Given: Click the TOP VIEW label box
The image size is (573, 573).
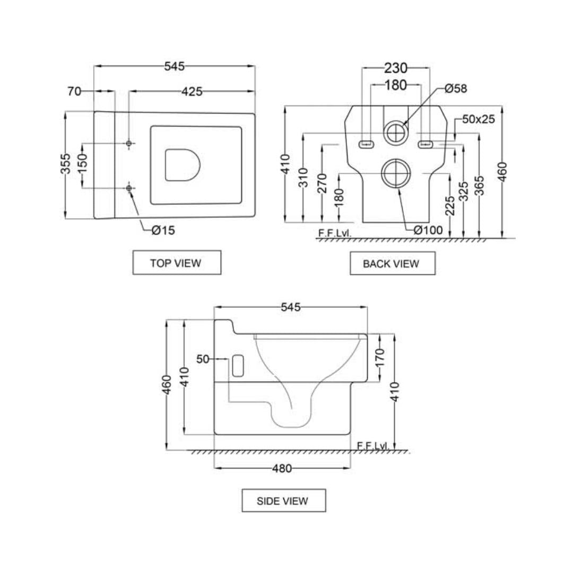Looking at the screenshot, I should pos(176,263).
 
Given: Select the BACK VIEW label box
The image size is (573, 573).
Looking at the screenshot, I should pos(392,263).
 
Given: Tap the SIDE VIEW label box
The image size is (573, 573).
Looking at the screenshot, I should pos(283,500).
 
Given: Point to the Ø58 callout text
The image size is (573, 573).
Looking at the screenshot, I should pos(456,89).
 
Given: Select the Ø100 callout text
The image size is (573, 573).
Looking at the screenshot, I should pos(428,230).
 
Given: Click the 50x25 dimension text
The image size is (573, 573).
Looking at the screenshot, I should pos(478,119).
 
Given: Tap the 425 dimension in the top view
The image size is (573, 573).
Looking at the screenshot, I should pos(192,91).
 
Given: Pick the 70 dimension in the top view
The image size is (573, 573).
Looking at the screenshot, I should pos(74,91).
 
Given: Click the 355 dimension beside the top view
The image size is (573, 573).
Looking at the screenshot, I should pos(65,164).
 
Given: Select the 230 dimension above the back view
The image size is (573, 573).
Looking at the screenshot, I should pos(395,68).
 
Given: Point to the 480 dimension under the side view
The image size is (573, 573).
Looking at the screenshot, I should pos(282,468).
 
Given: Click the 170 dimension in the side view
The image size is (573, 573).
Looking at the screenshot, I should pos(380,358).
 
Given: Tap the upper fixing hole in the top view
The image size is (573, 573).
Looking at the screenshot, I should pos(129,143).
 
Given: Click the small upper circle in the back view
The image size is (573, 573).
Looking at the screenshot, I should pos(395,133).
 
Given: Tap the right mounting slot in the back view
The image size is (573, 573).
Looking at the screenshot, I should pos(426,143).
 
